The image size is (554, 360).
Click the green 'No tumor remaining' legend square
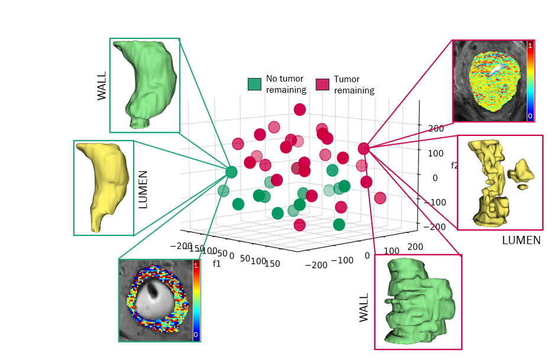(x=254, y=84)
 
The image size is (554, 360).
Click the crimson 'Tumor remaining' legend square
(x=322, y=84)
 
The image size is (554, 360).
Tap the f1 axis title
(x=216, y=263)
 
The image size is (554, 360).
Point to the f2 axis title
(x=455, y=166)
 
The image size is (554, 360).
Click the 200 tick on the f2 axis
(x=436, y=128)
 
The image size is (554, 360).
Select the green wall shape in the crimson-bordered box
(x=417, y=301)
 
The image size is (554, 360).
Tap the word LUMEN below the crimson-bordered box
(x=521, y=241)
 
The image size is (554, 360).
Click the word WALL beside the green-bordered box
(x=102, y=85)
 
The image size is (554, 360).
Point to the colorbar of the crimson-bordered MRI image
(x=530, y=81)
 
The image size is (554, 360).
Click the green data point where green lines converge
(x=231, y=172)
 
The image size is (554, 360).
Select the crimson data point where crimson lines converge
(x=364, y=148)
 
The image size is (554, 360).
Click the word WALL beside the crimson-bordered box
(x=364, y=307)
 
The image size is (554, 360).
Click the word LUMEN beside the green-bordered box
(x=142, y=190)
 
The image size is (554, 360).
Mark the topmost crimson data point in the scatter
(x=300, y=109)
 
